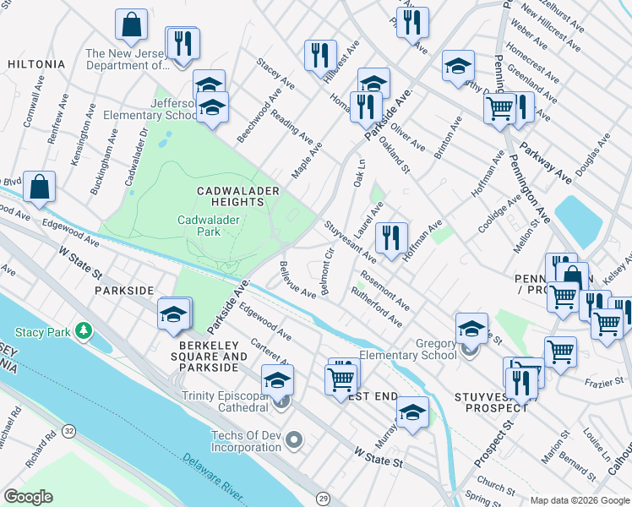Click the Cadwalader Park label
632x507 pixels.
point(209,226)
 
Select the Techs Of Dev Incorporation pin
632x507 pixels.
point(294,439)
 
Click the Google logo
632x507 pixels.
point(28,497)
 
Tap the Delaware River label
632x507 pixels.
point(212,472)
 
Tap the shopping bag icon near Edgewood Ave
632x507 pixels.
point(40,187)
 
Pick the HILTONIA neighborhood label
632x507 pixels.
point(35,63)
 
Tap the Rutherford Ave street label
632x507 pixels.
point(377,308)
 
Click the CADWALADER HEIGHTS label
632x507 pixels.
point(237,197)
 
